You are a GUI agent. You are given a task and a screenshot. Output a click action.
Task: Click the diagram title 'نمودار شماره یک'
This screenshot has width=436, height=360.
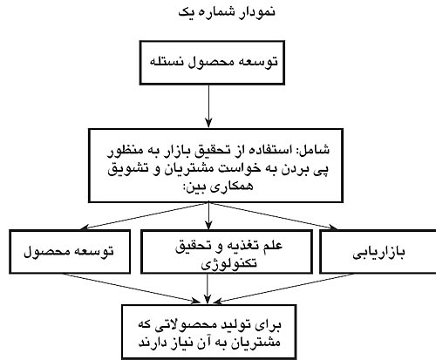(x=227, y=12)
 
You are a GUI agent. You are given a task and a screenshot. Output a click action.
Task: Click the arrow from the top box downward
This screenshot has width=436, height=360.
(x=208, y=106)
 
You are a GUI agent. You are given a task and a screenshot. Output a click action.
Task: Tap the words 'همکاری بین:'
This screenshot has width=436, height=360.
(x=218, y=186)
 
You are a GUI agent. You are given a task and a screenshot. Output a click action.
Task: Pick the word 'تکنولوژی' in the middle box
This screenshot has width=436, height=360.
(x=229, y=263)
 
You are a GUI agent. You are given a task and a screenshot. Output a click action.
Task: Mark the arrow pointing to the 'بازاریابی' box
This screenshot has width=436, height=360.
(x=273, y=216)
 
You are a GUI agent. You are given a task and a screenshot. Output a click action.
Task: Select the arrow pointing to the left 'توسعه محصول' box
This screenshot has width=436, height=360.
(x=144, y=216)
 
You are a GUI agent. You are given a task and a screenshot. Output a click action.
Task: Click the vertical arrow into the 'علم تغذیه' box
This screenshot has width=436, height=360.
(x=208, y=216)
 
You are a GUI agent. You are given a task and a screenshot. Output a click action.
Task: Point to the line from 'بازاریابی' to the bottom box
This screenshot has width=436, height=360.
(x=283, y=288)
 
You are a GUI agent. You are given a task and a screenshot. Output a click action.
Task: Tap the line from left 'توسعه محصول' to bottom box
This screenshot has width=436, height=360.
(x=132, y=288)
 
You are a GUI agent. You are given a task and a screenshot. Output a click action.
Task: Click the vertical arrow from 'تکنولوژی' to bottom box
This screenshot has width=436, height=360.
(x=208, y=289)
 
